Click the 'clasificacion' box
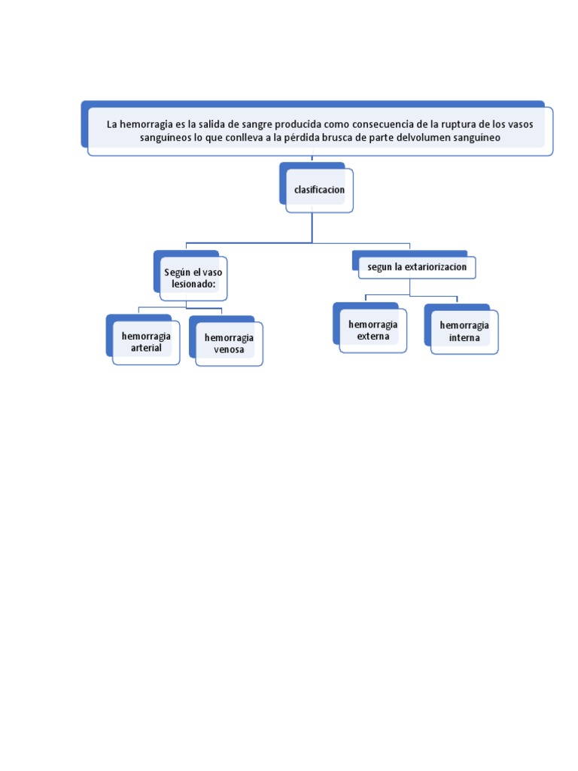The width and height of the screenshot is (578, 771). point(319,190)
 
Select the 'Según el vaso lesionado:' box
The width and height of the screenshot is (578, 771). point(193,278)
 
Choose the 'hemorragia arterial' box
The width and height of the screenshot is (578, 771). point(146,342)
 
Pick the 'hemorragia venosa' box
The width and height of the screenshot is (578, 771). point(229,343)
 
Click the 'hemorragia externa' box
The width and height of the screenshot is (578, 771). point(373,330)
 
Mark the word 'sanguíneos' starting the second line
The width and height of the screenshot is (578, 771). point(165,139)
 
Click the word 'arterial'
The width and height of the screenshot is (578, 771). point(146,348)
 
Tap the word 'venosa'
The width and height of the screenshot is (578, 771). point(229,350)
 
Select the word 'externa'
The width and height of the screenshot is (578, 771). point(373,337)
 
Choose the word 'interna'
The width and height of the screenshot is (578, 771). point(464,338)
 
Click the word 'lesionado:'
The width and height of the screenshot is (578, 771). point(193,284)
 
